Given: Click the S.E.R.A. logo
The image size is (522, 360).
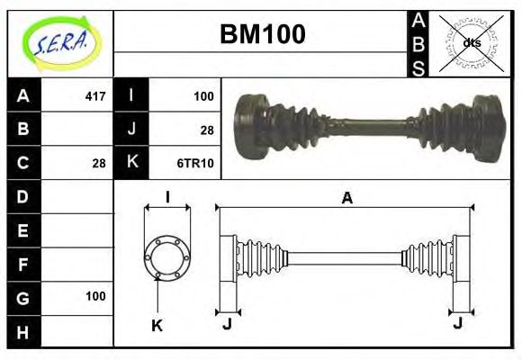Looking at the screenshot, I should [59, 42].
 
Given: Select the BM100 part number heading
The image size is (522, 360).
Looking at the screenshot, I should [262, 34].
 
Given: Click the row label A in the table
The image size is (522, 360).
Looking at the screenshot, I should [23, 95].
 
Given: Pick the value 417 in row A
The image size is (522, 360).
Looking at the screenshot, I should [94, 95].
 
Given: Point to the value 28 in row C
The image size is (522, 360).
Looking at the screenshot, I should [99, 163].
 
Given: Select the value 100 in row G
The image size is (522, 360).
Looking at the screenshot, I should [95, 296].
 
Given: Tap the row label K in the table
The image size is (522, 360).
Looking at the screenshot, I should [131, 163].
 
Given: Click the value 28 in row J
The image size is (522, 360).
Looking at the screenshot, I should [206, 130].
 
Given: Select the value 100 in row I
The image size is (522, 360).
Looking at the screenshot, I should [203, 95].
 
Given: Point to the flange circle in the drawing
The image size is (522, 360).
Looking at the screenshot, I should [167, 256].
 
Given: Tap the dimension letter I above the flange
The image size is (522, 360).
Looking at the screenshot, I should [167, 198].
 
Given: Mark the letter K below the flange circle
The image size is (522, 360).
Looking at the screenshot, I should [157, 325].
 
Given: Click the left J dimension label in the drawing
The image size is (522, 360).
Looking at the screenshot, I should [227, 323].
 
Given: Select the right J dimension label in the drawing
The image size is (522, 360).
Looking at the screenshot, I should [459, 323].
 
